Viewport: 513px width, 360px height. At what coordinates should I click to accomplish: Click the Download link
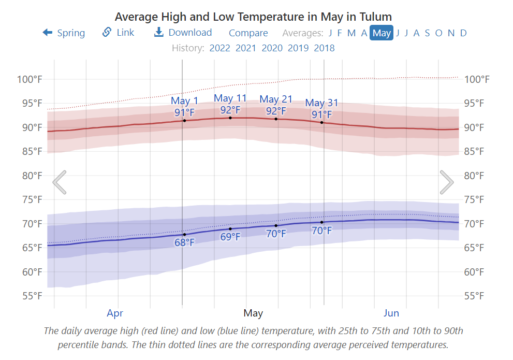tap(183, 33)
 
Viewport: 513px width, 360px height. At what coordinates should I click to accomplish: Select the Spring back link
tap(64, 33)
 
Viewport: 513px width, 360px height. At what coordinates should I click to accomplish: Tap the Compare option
tap(248, 33)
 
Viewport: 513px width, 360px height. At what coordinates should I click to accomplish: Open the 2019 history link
tap(298, 48)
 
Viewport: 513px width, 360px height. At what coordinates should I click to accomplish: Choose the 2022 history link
tap(220, 48)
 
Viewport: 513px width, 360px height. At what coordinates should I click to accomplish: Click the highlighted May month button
tap(382, 33)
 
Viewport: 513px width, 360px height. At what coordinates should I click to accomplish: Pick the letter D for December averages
tap(463, 33)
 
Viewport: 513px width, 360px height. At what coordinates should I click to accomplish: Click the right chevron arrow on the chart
tap(447, 182)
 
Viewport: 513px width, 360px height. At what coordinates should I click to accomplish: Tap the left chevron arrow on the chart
tap(60, 182)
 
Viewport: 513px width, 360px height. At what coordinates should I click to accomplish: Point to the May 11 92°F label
tap(230, 104)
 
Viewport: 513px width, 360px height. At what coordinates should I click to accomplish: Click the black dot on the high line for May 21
tap(276, 119)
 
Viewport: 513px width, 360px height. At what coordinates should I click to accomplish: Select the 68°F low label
tap(184, 242)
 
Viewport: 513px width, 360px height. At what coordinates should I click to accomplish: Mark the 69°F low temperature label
tap(230, 237)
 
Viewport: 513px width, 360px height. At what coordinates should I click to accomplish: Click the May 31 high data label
tap(321, 109)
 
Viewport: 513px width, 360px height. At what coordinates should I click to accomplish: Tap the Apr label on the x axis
tap(115, 313)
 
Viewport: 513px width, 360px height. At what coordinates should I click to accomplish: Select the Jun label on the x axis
tap(391, 313)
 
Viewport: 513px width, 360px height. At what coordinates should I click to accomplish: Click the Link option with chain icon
tap(119, 33)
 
